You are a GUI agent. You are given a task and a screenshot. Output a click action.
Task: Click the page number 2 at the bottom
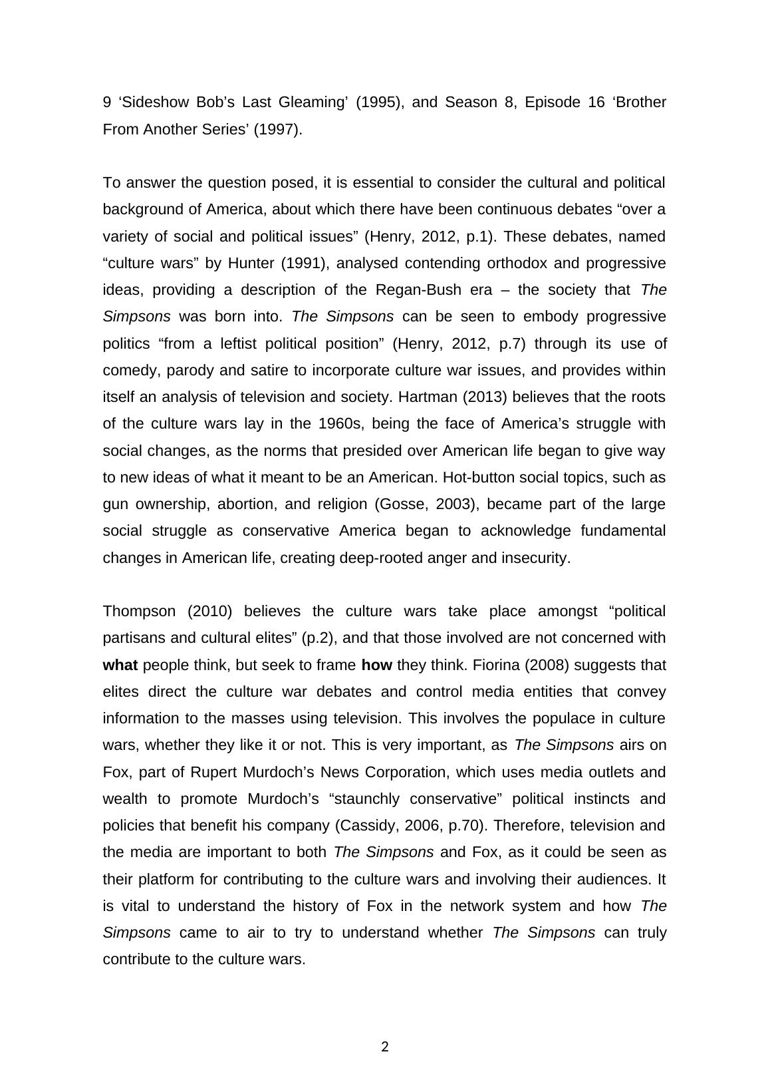click(385, 1047)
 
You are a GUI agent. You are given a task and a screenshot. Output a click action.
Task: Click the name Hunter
click(251, 263)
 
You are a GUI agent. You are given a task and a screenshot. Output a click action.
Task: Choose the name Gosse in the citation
click(404, 504)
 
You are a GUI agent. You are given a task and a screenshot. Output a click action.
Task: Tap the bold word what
click(120, 665)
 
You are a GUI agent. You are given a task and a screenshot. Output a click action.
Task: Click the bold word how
click(376, 665)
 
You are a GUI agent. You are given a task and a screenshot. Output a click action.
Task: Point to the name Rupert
click(213, 772)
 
